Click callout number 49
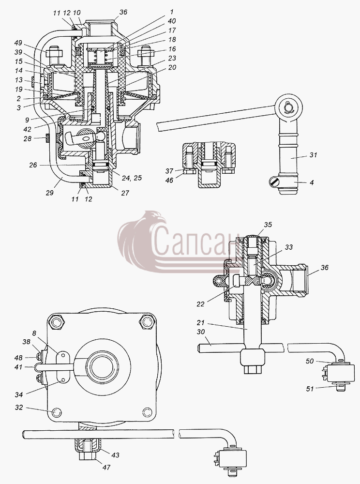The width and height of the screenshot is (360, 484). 18,43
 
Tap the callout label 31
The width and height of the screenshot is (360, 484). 313,155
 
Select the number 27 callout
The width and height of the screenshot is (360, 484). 125,193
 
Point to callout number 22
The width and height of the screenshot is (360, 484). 200,304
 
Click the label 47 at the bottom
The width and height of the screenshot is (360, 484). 106,468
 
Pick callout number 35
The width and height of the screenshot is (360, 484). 268,225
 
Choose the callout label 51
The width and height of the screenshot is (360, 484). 309,389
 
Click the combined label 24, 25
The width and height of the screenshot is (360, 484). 132,178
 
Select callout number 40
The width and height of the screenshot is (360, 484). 171,21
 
